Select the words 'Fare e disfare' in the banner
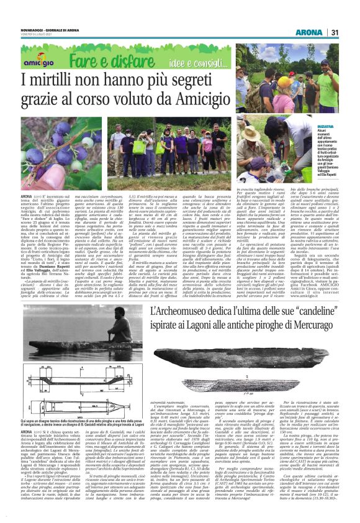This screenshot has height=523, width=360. click(x=103, y=60)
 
